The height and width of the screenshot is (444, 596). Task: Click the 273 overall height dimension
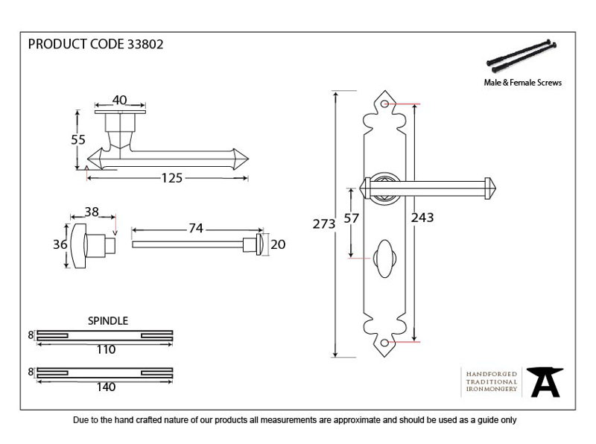point(324,224)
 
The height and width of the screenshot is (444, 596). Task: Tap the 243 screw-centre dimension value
point(422,218)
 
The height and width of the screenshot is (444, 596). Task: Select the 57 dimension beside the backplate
point(351,218)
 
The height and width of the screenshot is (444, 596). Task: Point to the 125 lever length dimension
point(172,178)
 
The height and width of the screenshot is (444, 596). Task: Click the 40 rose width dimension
point(119,100)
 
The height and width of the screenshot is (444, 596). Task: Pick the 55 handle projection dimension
point(78,140)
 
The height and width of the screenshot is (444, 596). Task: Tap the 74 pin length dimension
point(196,228)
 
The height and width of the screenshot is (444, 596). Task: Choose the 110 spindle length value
point(106,349)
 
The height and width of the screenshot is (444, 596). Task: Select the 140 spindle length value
point(106,387)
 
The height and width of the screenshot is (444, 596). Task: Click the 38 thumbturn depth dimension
point(92,212)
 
